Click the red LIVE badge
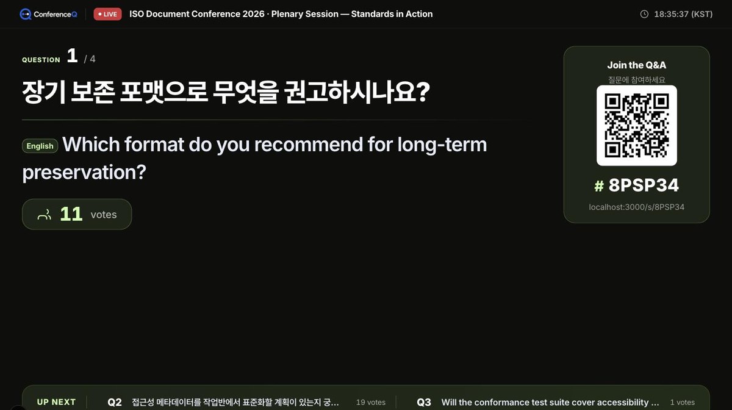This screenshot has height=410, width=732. tap(107, 14)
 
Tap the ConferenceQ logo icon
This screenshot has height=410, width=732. tap(25, 14)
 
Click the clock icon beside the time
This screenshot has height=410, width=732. tap(644, 14)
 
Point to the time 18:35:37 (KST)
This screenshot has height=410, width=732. tap(683, 14)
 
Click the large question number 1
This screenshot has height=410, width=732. tap(72, 56)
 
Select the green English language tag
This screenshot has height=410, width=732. tap(40, 146)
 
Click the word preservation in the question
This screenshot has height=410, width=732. tap(84, 172)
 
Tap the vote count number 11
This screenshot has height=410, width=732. tap(71, 214)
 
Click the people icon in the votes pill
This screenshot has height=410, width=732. tap(45, 215)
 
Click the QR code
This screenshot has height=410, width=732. tap(637, 126)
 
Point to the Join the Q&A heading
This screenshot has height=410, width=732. tap(637, 65)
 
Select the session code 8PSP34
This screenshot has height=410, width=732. tap(644, 185)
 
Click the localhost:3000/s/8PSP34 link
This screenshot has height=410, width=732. tap(637, 207)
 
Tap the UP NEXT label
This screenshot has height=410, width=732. tap(56, 402)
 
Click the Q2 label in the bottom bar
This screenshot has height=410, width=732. tap(115, 402)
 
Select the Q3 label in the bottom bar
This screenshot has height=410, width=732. tap(424, 402)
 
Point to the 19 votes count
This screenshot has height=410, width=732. tap(371, 402)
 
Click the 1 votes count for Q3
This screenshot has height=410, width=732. tap(683, 402)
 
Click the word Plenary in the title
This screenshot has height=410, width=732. tap(288, 14)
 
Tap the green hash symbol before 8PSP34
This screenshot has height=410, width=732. tap(599, 186)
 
